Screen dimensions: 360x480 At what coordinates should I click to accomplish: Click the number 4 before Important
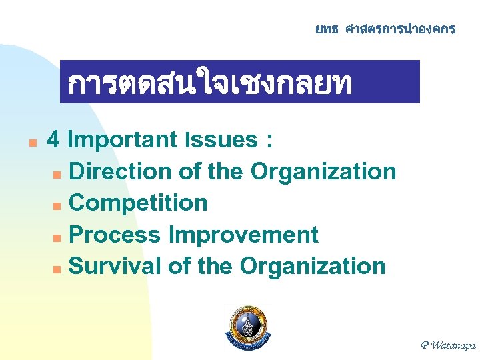55,140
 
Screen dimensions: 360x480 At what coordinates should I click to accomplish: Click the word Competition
138,203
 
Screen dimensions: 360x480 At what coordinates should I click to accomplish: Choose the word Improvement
243,235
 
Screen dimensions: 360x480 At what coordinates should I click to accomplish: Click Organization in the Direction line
323,171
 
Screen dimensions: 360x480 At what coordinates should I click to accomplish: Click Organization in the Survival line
313,266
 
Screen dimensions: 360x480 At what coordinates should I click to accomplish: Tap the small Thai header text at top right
385,29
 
